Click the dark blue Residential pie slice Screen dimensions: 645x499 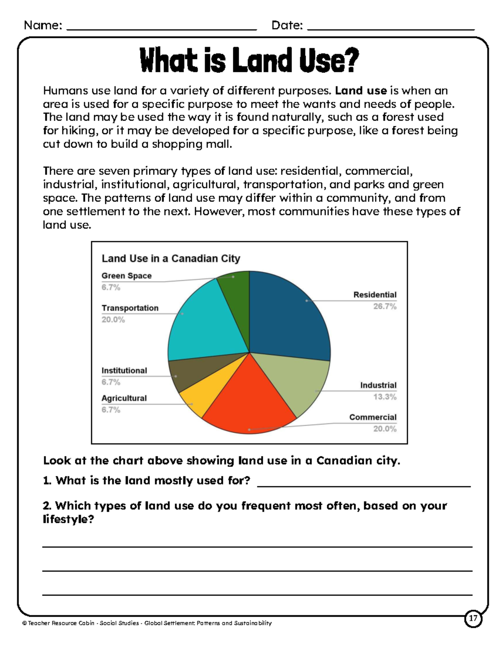pyautogui.click(x=287, y=316)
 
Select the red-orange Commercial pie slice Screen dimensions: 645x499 pyautogui.click(x=249, y=403)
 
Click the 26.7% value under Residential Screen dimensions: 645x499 pyautogui.click(x=385, y=307)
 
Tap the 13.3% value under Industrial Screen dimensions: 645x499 pyautogui.click(x=385, y=397)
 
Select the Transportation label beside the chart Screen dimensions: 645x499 pyautogui.click(x=130, y=308)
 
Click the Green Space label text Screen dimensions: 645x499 pyautogui.click(x=126, y=276)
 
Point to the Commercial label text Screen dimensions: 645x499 pyautogui.click(x=373, y=417)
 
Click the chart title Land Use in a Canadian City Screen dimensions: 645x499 pyautogui.click(x=171, y=259)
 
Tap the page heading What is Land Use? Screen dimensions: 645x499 pyautogui.click(x=249, y=61)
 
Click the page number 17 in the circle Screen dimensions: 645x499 pyautogui.click(x=473, y=618)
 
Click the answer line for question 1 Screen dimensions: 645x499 pyautogui.click(x=364, y=484)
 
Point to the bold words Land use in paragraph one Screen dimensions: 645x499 pyautogui.click(x=361, y=91)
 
